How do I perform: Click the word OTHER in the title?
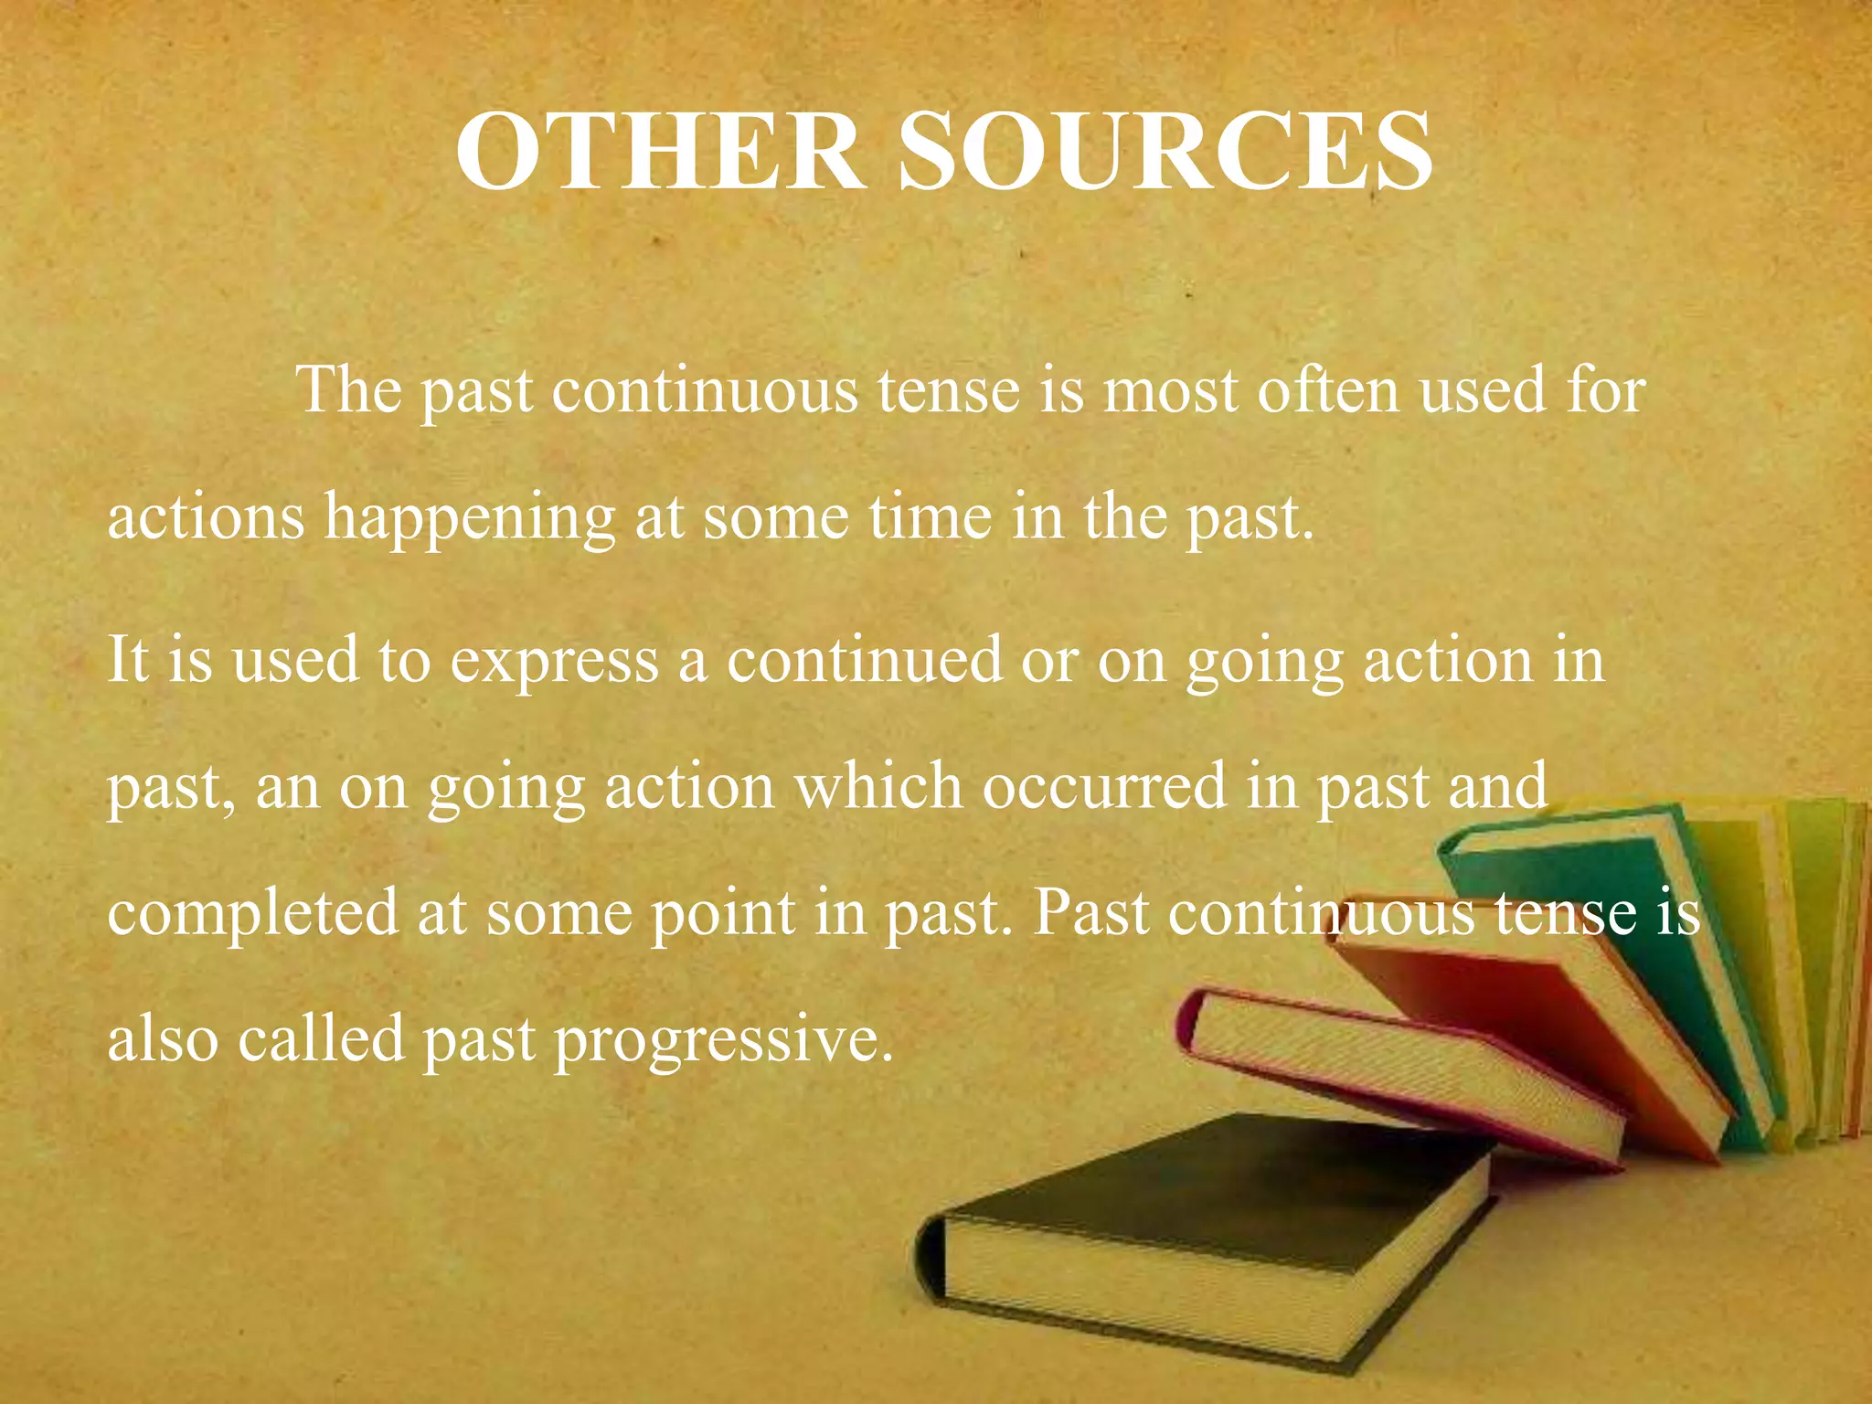click(x=659, y=151)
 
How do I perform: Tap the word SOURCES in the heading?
click(x=1165, y=151)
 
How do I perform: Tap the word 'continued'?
click(x=864, y=660)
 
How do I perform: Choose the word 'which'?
click(x=877, y=787)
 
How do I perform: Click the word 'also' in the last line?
click(x=163, y=1040)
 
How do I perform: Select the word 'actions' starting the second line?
click(x=206, y=517)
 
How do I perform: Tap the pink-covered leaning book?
click(x=1399, y=1069)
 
